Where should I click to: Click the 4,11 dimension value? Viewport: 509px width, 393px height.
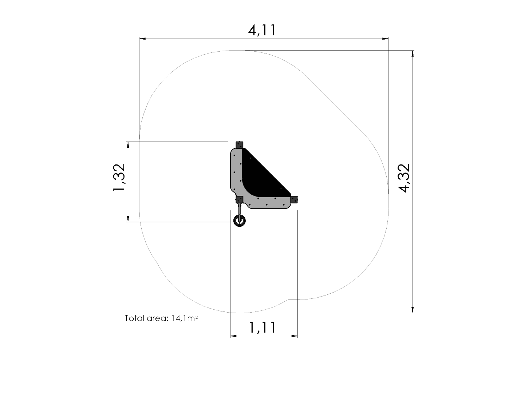tap(262, 30)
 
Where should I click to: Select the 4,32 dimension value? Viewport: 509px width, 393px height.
tap(404, 178)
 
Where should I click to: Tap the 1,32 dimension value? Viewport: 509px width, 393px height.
tap(119, 178)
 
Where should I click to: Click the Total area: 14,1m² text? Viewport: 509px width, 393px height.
tap(161, 318)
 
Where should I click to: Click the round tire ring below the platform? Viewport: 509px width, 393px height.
tap(240, 221)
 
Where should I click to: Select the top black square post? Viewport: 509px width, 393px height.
tap(240, 145)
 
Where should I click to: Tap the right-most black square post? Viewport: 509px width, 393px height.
tap(294, 200)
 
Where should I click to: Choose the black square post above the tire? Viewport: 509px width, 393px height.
tap(240, 200)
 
